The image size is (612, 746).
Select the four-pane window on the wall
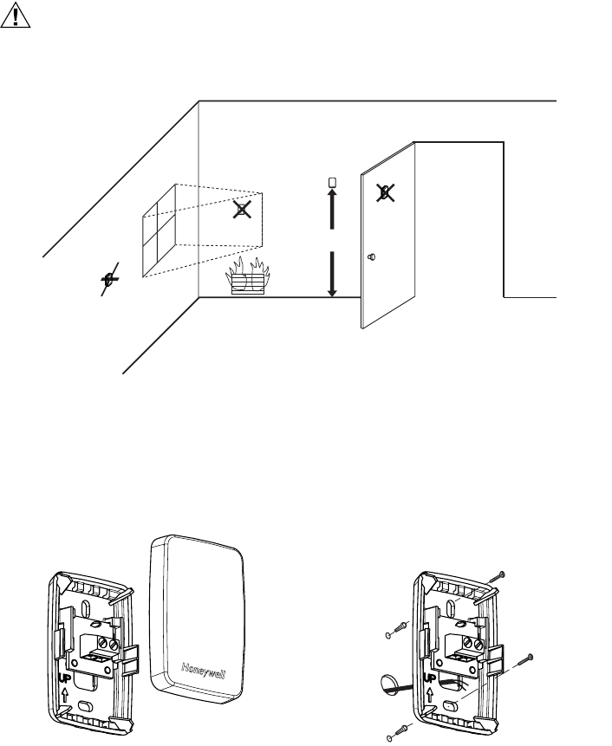tap(160, 232)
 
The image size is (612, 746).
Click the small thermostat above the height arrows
tap(332, 183)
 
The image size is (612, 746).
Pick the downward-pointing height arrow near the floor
tap(332, 273)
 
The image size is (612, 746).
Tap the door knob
tap(372, 257)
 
